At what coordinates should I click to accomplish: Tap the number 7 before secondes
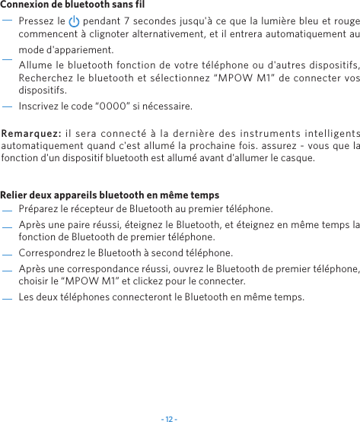[136, 21]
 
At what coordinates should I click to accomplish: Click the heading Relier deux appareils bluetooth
[110, 195]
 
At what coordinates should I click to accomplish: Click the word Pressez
[36, 21]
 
